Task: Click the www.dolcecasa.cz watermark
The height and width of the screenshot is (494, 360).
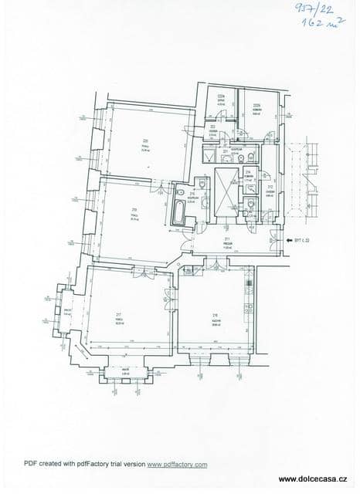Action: [x=317, y=479]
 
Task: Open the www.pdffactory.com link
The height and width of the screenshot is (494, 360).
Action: [x=178, y=465]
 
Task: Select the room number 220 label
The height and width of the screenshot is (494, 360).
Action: [x=144, y=140]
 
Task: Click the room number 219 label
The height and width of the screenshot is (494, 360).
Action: [x=134, y=209]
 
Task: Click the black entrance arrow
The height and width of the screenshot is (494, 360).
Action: [x=283, y=241]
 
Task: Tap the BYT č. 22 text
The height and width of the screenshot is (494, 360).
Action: [x=297, y=241]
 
